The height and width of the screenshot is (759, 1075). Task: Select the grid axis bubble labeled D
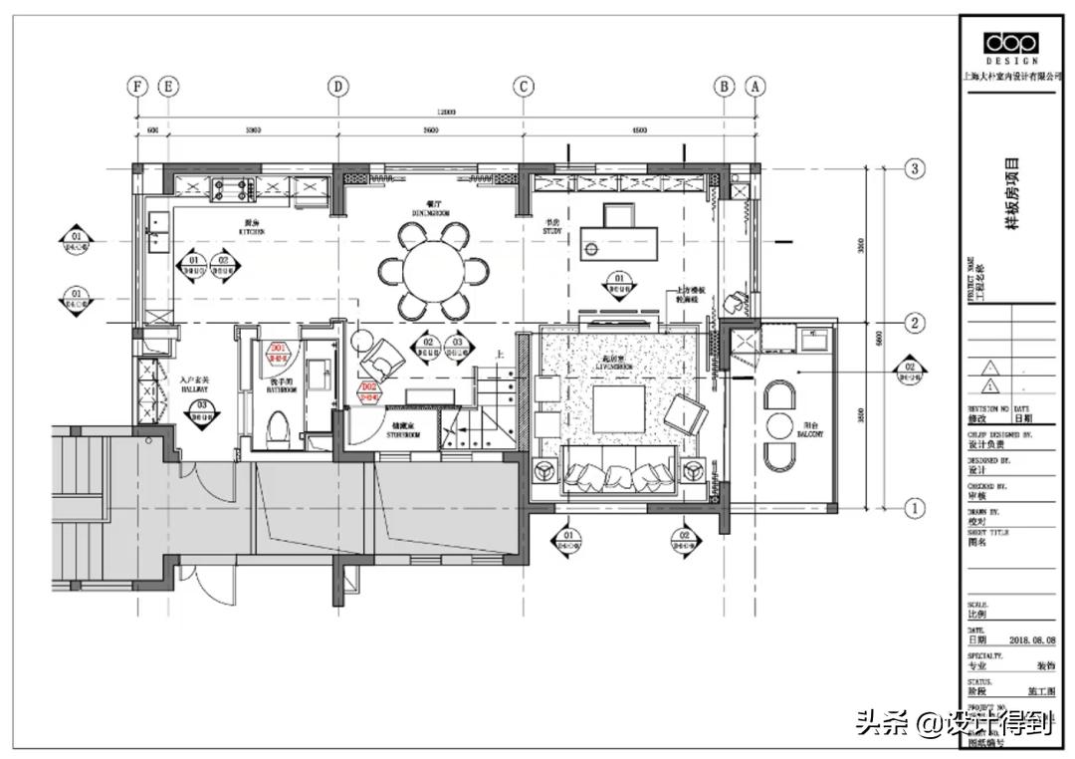[x=339, y=87]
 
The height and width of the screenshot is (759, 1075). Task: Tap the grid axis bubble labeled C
[x=524, y=87]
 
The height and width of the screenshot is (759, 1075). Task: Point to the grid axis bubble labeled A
[x=755, y=87]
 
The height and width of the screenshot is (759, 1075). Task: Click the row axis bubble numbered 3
[x=916, y=169]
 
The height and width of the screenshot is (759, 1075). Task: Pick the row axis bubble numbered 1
[x=916, y=509]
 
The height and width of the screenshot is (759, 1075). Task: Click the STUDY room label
[x=553, y=229]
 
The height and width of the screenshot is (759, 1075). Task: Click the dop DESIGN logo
[x=1010, y=46]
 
